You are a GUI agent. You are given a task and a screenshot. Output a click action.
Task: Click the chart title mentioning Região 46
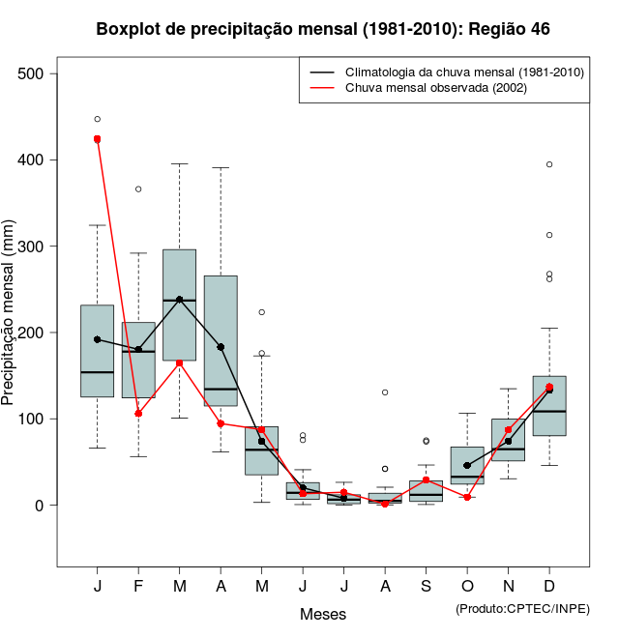pos(323,29)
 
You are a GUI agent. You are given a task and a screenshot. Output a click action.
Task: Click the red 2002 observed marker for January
pos(97,139)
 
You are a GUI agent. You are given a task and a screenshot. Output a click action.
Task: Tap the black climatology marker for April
pos(221,347)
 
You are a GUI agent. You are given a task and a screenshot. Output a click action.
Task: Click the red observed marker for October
pos(467,497)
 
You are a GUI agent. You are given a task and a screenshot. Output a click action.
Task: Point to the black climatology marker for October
pos(467,465)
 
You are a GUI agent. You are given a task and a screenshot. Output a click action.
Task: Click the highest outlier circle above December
pos(549,164)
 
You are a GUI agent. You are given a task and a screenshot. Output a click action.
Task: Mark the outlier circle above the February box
pos(138,188)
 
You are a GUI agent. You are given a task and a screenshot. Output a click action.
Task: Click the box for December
pos(549,406)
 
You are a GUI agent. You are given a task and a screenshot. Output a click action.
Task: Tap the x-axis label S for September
pos(427,587)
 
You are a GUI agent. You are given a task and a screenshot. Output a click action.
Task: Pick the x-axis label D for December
pos(549,587)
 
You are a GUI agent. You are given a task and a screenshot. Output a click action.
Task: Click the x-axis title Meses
pos(323,614)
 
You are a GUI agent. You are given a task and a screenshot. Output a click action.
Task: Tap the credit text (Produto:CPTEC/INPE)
pos(522,608)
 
